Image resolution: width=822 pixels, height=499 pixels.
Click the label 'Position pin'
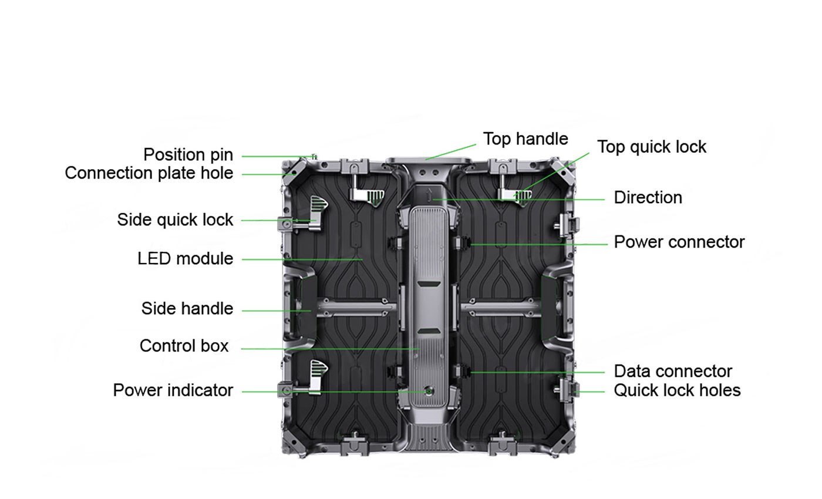[x=188, y=155]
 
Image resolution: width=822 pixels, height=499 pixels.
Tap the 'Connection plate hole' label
[x=149, y=173]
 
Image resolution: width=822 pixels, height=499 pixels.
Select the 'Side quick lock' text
[x=175, y=220]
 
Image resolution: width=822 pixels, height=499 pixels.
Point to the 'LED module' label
[x=185, y=258]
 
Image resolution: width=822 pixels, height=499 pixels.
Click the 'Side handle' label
[x=187, y=308]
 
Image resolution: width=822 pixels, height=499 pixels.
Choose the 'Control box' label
[x=184, y=346]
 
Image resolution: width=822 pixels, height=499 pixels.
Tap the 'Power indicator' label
[x=173, y=390]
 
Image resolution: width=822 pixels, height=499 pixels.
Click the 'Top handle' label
[x=525, y=139]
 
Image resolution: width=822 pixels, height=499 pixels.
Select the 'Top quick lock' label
[x=651, y=147]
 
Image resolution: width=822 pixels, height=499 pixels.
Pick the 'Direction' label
[x=648, y=197]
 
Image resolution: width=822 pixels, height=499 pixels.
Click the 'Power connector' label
[x=679, y=242]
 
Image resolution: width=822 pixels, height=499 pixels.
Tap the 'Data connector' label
[x=673, y=371]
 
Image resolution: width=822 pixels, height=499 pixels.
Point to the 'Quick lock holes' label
[x=677, y=390]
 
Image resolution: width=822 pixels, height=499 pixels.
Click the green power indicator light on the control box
[x=429, y=390]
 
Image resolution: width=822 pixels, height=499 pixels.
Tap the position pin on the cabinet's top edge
[x=313, y=157]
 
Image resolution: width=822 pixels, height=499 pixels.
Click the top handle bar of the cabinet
[x=429, y=159]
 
